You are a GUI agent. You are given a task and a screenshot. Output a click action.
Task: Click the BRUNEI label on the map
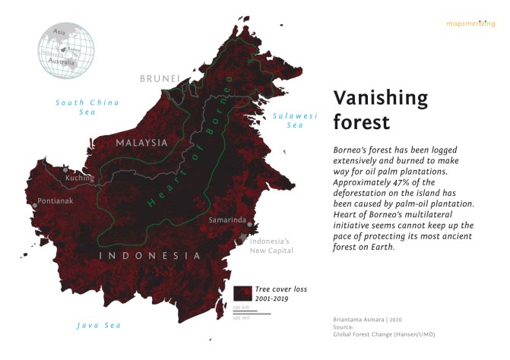160,79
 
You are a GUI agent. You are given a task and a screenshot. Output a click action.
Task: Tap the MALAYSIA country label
141,142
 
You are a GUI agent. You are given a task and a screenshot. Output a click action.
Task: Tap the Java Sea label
99,325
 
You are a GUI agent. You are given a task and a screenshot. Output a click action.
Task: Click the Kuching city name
80,178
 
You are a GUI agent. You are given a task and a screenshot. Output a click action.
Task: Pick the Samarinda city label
227,219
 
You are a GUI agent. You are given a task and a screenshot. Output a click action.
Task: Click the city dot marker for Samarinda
250,225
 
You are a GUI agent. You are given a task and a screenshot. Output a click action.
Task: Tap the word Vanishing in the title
381,97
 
